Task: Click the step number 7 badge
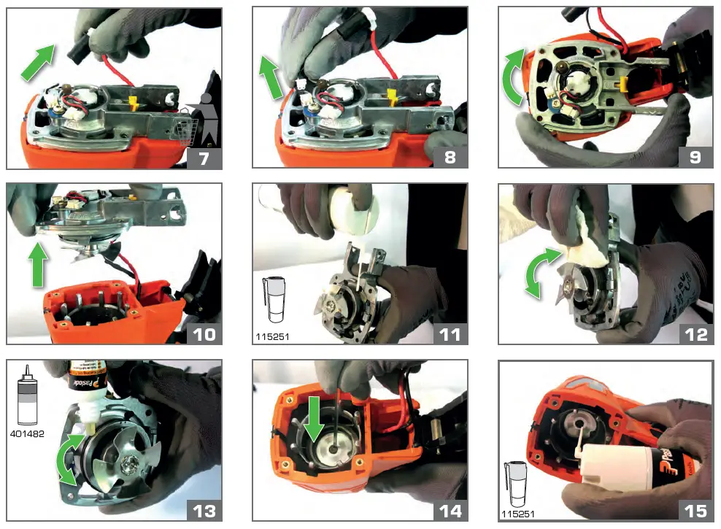click(x=204, y=158)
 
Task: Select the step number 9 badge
click(x=695, y=157)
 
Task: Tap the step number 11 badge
click(x=450, y=334)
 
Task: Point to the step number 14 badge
click(x=450, y=511)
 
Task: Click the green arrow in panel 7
click(x=38, y=63)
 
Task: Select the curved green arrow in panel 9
click(x=514, y=77)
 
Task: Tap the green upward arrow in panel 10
click(x=38, y=264)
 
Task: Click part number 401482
click(x=27, y=433)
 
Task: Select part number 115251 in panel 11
click(x=272, y=337)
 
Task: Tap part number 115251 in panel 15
click(x=517, y=514)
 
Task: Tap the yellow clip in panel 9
click(x=625, y=84)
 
